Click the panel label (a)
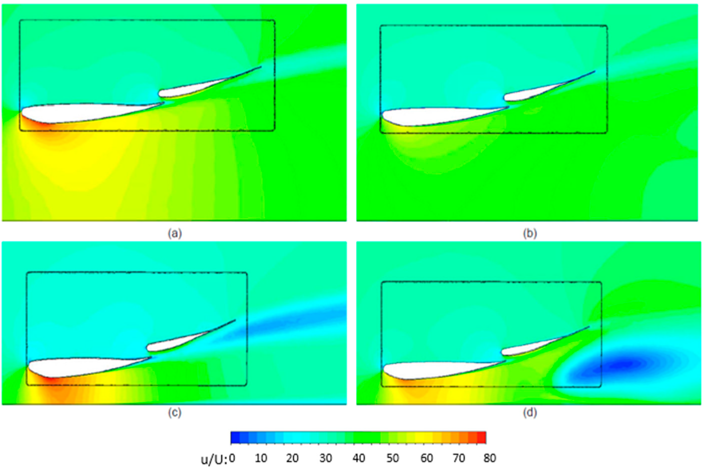tap(175, 234)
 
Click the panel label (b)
tap(530, 234)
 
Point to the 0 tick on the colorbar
tap(232, 458)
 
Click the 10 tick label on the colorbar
tap(261, 458)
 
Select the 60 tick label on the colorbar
tap(426, 458)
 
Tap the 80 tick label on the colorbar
tap(489, 458)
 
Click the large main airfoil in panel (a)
tap(75, 114)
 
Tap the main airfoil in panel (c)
tap(75, 367)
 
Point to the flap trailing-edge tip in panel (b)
tap(594, 71)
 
